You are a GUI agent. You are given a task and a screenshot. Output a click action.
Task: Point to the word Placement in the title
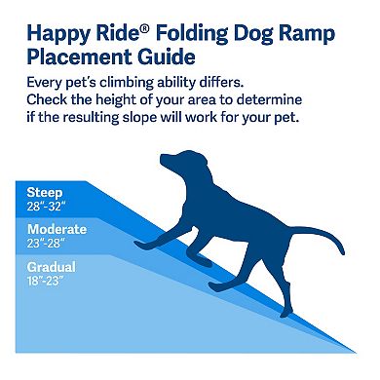coord(77,56)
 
